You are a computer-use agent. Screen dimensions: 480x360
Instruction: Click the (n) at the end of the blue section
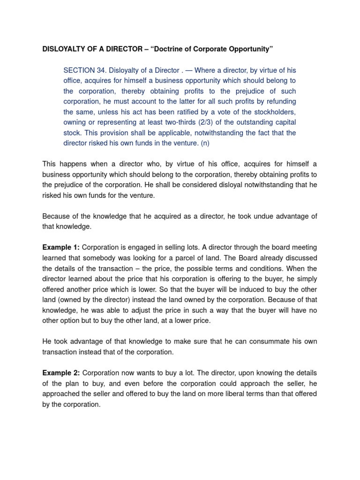tap(205, 143)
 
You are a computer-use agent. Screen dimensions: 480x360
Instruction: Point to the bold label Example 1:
tap(61, 247)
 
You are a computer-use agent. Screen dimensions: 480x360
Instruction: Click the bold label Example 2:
tap(61, 373)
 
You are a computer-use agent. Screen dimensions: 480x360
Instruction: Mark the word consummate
tap(262, 341)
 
